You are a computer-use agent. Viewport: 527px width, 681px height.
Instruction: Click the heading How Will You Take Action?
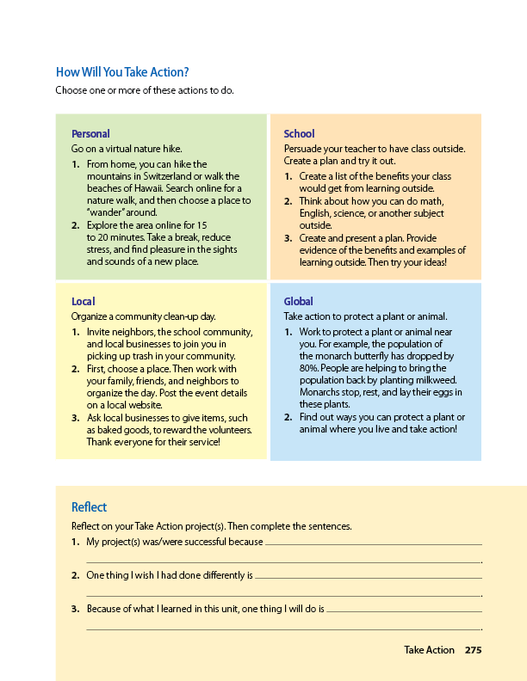coord(122,72)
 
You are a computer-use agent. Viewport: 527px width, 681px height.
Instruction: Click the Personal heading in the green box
coord(90,134)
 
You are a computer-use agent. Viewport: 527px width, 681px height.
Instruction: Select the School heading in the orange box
coord(299,134)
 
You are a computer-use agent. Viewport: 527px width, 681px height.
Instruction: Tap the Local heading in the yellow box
coord(83,302)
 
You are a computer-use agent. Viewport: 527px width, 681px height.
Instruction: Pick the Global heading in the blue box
coord(299,302)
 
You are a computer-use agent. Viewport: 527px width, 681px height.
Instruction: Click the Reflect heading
coord(90,507)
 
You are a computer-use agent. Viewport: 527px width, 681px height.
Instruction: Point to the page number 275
coord(473,650)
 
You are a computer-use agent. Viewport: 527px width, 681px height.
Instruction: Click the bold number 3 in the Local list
coord(75,418)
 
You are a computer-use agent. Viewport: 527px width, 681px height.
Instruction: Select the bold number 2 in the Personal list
coord(75,224)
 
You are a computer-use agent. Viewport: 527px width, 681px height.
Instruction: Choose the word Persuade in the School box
coord(303,149)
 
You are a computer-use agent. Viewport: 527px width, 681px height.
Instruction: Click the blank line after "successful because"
coord(373,543)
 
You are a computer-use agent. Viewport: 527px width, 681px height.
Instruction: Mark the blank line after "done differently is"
coord(368,576)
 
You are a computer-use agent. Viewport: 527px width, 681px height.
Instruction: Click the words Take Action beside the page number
coord(429,650)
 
